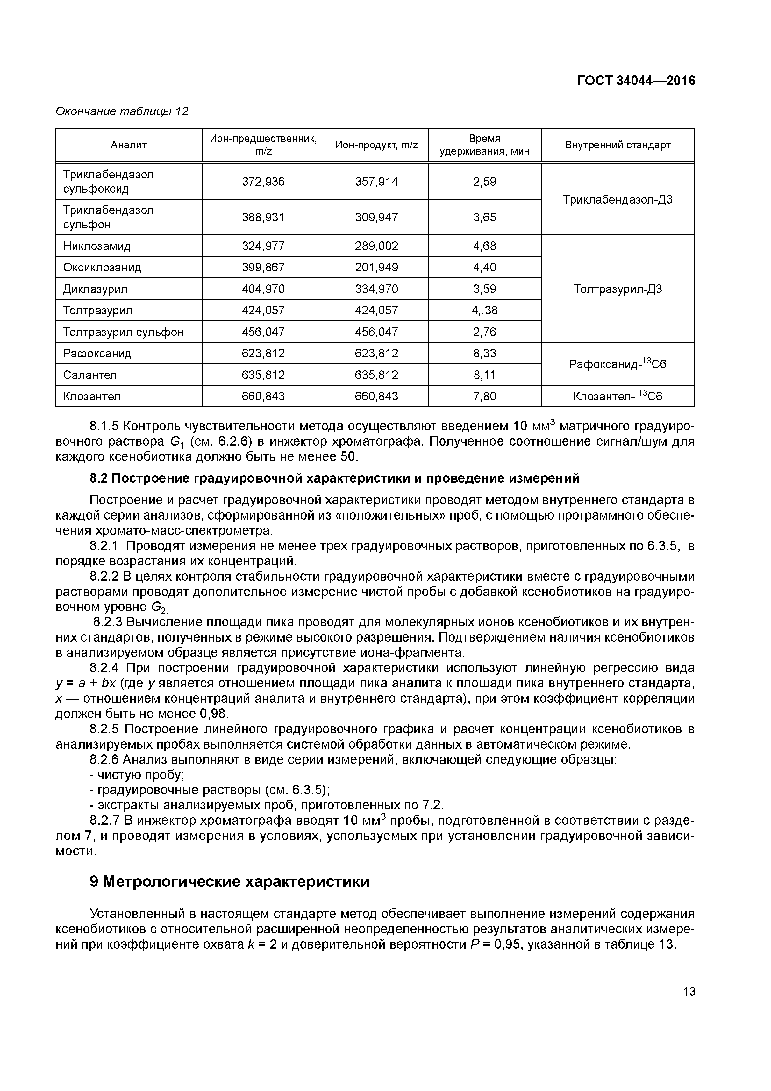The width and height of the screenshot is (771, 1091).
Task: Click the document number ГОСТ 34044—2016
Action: pyautogui.click(x=636, y=81)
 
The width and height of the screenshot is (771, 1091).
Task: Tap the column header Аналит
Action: pyautogui.click(x=129, y=145)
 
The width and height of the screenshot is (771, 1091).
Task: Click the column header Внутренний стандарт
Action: pyautogui.click(x=618, y=145)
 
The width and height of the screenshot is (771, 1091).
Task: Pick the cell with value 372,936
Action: pyautogui.click(x=263, y=182)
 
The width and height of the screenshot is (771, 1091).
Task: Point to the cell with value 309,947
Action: pyautogui.click(x=376, y=217)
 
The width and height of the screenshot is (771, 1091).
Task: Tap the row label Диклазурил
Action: pyautogui.click(x=96, y=289)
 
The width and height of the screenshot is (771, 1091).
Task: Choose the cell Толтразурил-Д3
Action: pyautogui.click(x=618, y=289)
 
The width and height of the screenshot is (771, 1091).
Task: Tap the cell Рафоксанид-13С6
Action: pyautogui.click(x=618, y=364)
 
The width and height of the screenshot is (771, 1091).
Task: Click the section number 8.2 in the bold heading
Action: pyautogui.click(x=98, y=478)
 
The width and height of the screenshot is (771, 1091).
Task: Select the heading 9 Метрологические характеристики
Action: pyautogui.click(x=229, y=881)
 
